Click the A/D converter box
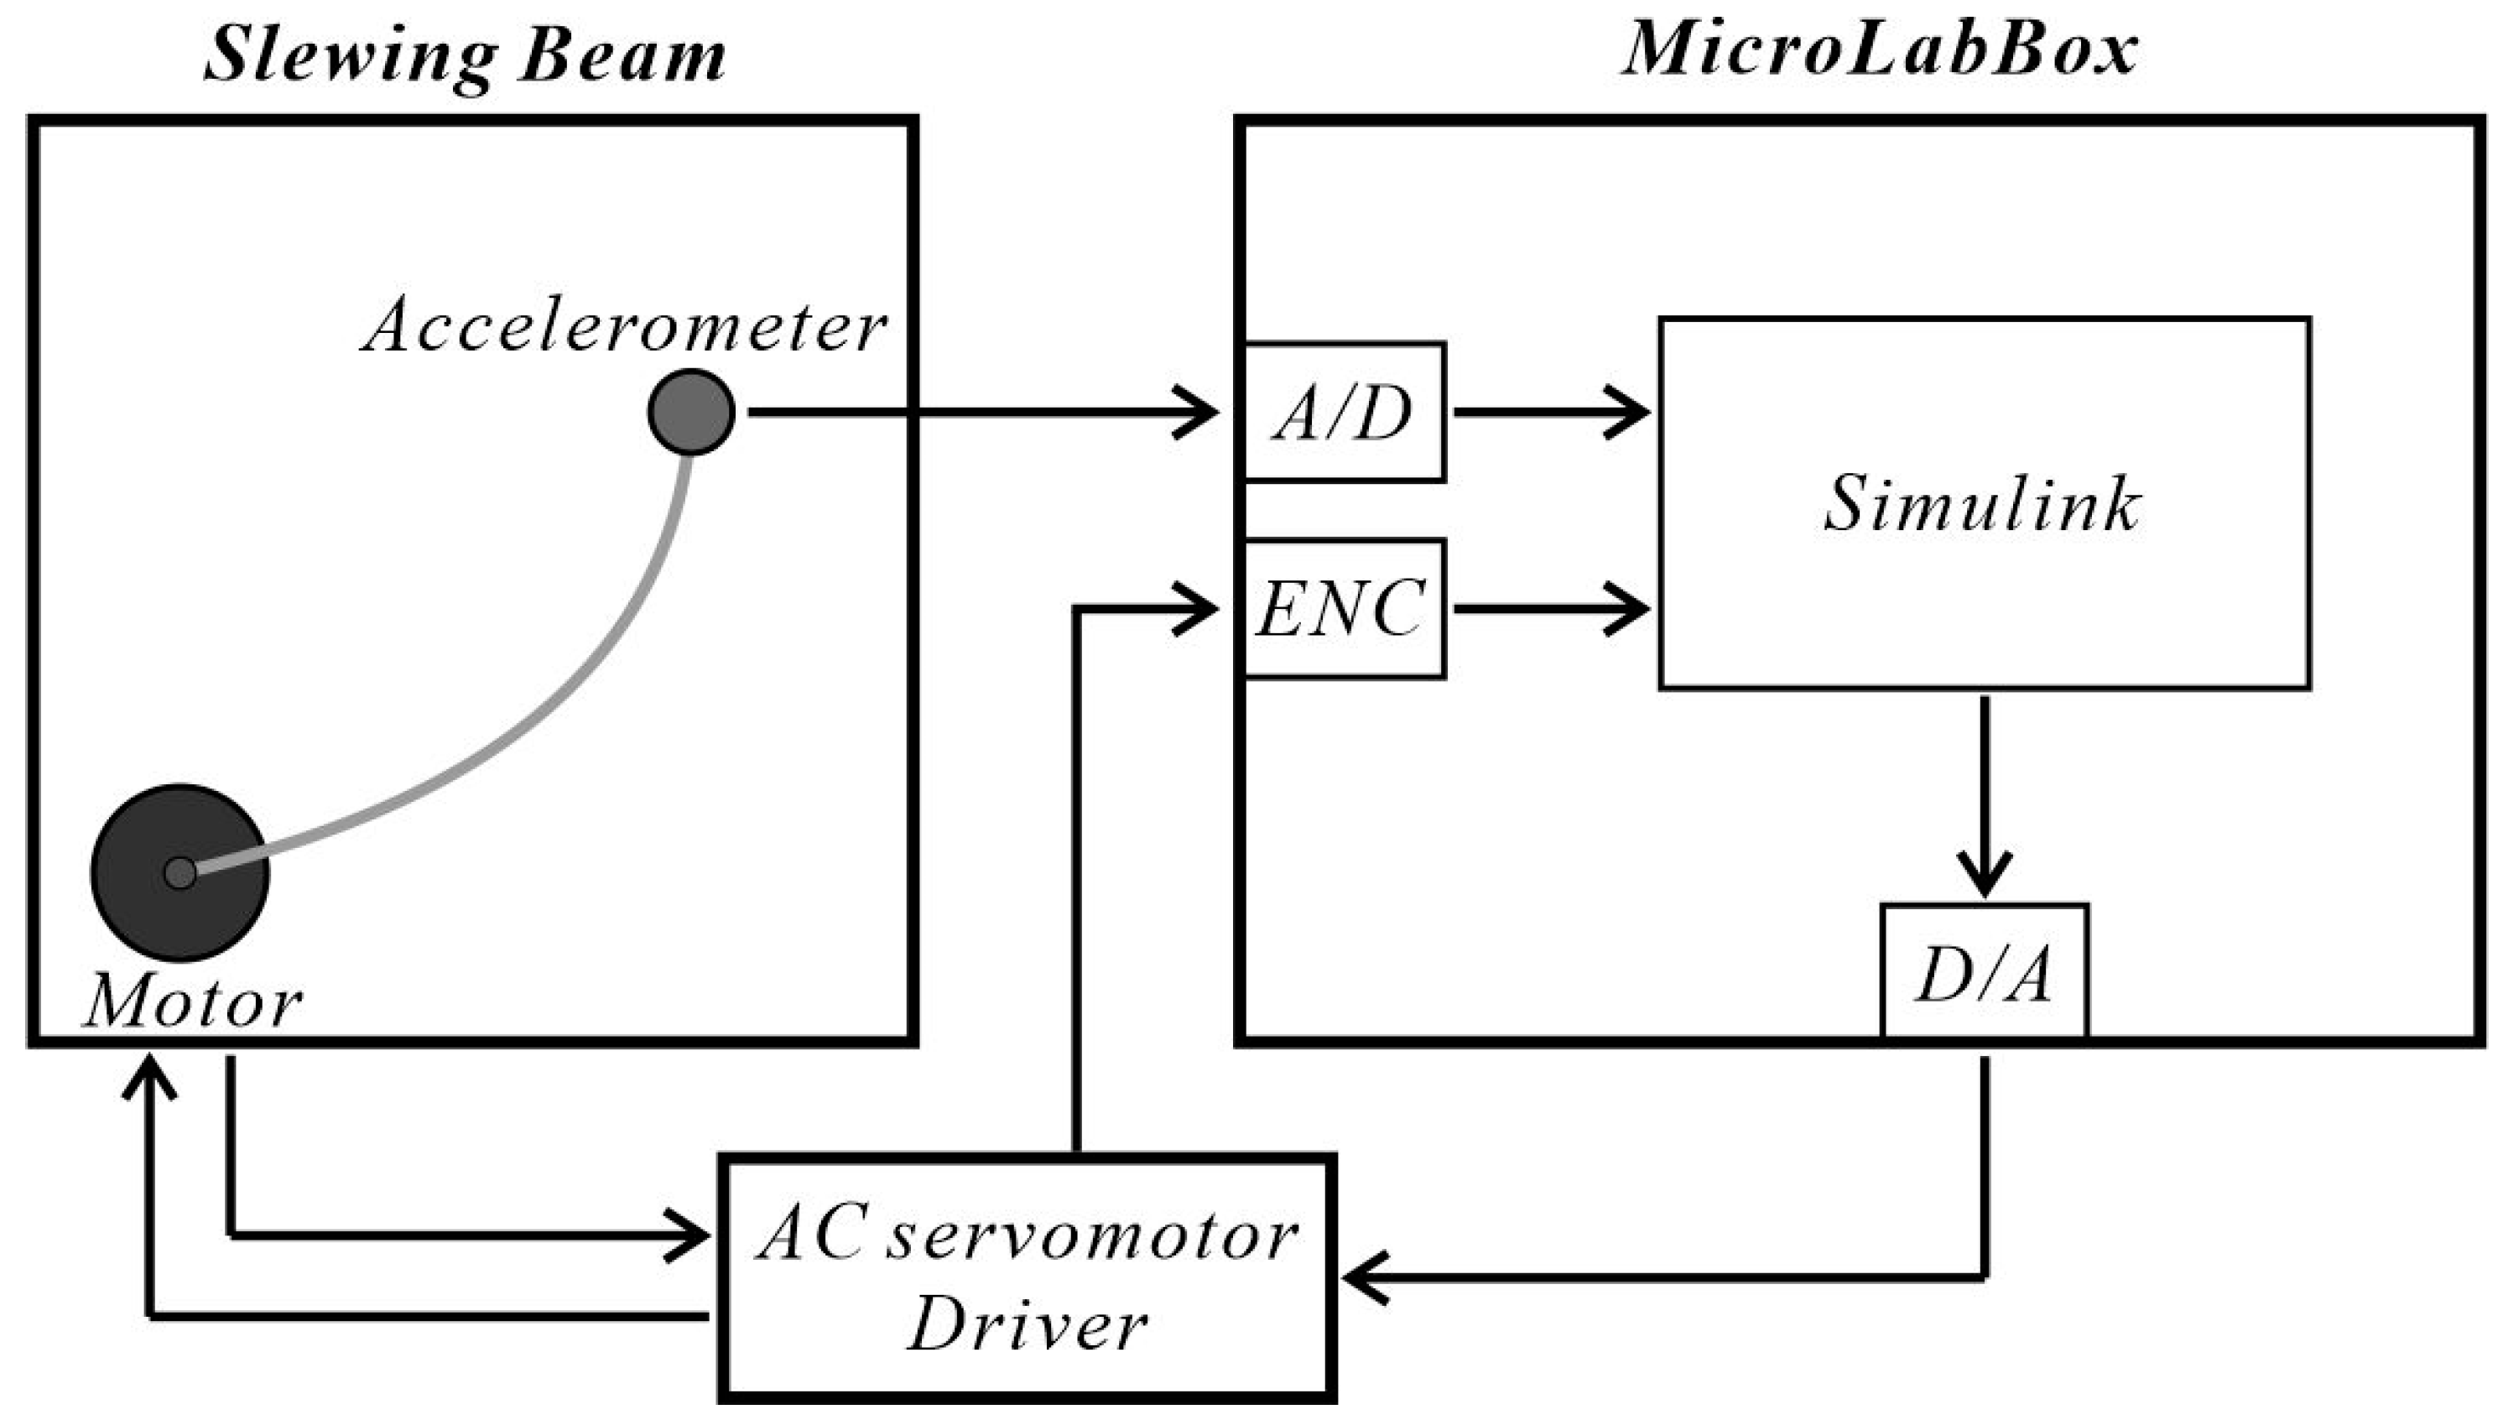click(x=1343, y=412)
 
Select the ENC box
click(x=1343, y=609)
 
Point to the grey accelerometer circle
click(x=691, y=412)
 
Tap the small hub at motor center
click(x=180, y=872)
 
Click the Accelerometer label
click(x=624, y=326)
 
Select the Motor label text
click(x=193, y=1004)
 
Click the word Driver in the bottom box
click(x=1027, y=1325)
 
